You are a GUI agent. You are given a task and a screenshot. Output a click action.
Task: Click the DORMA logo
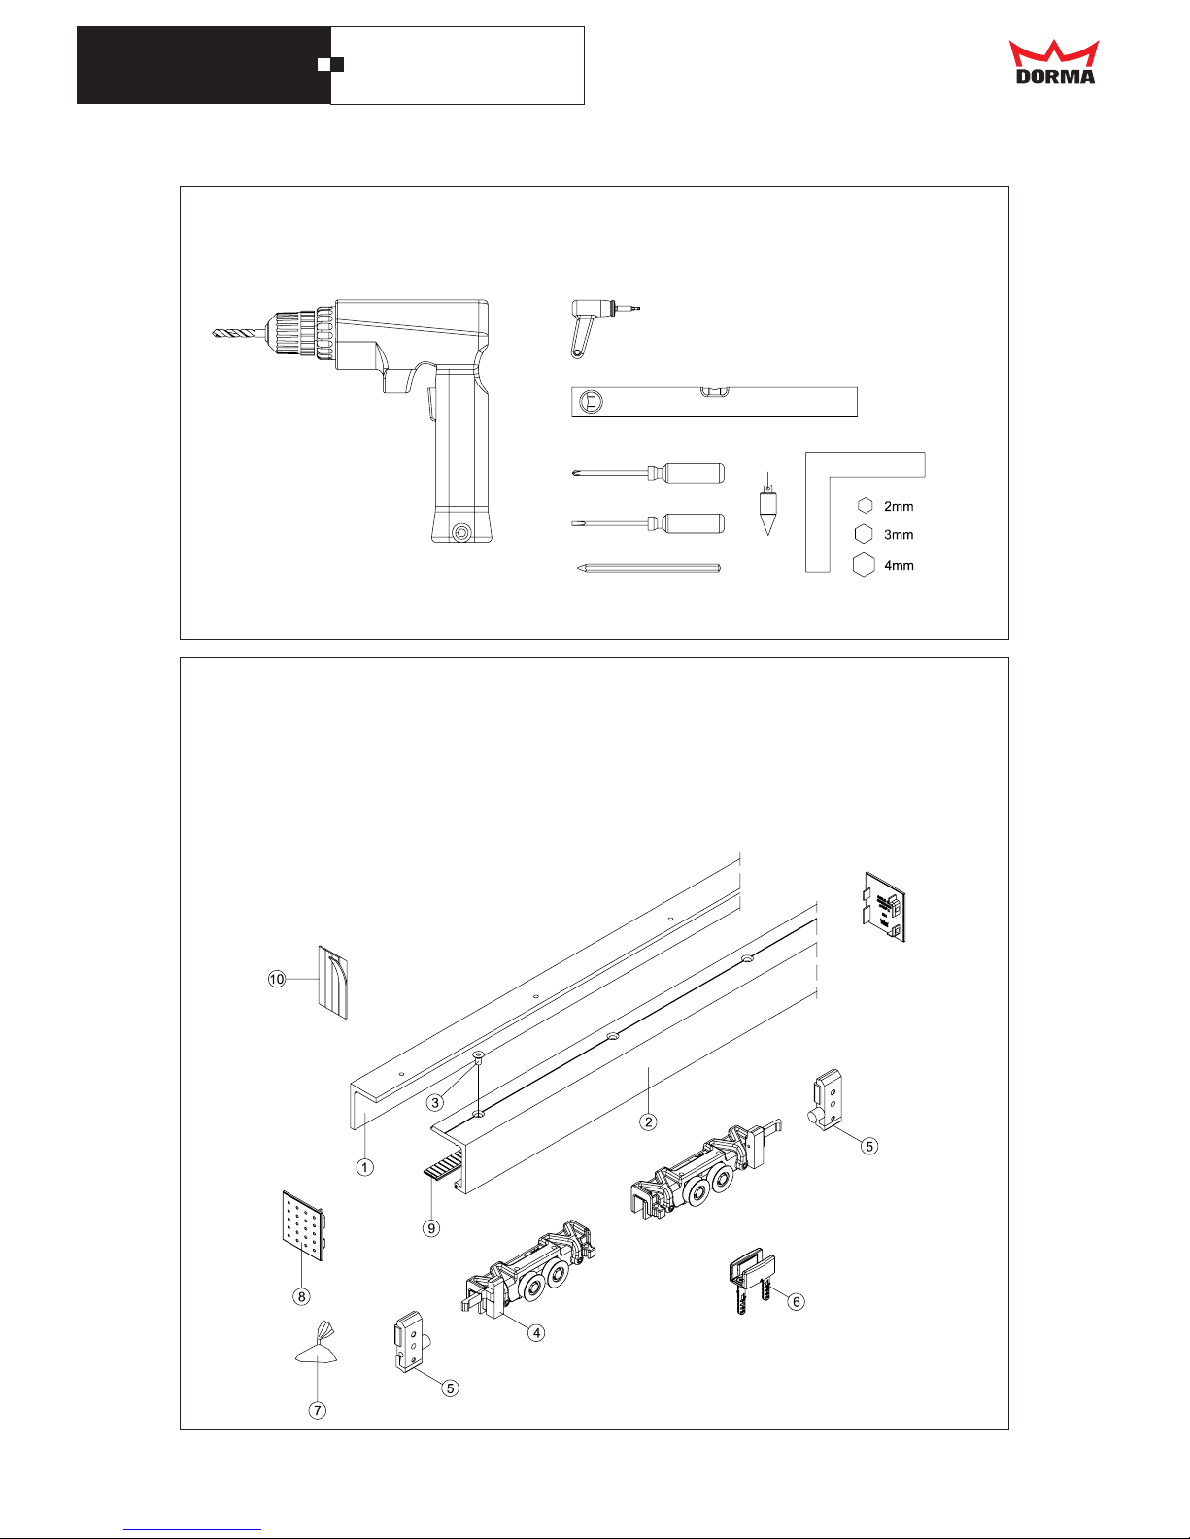point(1054,61)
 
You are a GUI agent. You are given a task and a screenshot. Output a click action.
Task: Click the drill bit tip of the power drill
point(213,332)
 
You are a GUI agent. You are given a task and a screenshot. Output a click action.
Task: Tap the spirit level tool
point(714,402)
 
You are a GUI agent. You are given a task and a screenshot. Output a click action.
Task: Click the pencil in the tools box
point(649,567)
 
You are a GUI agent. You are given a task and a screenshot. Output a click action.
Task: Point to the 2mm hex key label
point(899,507)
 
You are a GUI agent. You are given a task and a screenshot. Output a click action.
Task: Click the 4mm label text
point(899,565)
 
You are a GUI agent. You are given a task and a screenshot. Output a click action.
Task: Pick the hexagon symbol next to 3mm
point(864,534)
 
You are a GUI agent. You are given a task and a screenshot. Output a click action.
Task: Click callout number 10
point(276,979)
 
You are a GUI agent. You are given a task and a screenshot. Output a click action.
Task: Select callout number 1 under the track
point(365,1167)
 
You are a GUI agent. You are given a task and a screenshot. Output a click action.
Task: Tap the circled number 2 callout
point(648,1121)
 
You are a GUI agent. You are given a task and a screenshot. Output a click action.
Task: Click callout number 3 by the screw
point(435,1102)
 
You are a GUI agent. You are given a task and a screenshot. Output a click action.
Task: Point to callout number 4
point(537,1333)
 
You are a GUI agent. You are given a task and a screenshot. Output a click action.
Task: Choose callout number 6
point(797,1302)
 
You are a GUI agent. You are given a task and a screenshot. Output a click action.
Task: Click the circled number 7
point(318,1410)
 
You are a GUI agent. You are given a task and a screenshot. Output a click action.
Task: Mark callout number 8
point(302,1296)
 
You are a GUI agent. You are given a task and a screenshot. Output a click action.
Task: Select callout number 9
point(431,1228)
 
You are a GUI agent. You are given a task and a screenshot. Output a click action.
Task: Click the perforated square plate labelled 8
point(304,1225)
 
